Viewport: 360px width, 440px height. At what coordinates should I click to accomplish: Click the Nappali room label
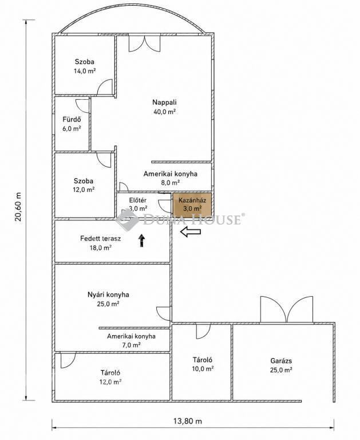(x=164, y=102)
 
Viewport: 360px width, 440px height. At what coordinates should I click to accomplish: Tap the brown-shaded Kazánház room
(x=192, y=205)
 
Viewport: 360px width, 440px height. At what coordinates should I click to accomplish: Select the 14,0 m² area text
(x=85, y=71)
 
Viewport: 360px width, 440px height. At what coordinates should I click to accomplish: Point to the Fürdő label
(x=72, y=120)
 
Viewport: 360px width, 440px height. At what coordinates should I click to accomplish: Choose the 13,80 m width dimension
(x=188, y=421)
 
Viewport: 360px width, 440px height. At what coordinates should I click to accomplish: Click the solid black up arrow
(x=142, y=241)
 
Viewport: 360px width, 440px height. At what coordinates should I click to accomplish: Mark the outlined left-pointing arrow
(x=191, y=231)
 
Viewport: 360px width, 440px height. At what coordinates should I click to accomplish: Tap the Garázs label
(x=281, y=361)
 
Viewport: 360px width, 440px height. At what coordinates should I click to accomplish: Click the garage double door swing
(x=287, y=309)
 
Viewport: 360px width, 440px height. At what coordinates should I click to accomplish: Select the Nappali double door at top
(x=145, y=44)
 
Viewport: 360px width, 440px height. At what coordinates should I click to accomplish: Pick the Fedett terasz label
(x=100, y=238)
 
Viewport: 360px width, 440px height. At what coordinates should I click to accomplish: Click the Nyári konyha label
(x=108, y=294)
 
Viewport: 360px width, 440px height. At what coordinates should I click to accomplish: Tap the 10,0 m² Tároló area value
(x=203, y=369)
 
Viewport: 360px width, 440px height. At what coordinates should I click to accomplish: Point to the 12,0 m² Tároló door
(x=68, y=360)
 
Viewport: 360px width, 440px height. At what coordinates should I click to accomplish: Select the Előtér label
(x=138, y=201)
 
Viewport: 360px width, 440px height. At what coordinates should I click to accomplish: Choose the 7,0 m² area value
(x=131, y=345)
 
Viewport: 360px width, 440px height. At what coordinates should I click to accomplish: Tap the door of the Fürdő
(x=82, y=106)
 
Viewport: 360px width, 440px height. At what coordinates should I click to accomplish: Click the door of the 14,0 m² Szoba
(x=105, y=87)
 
